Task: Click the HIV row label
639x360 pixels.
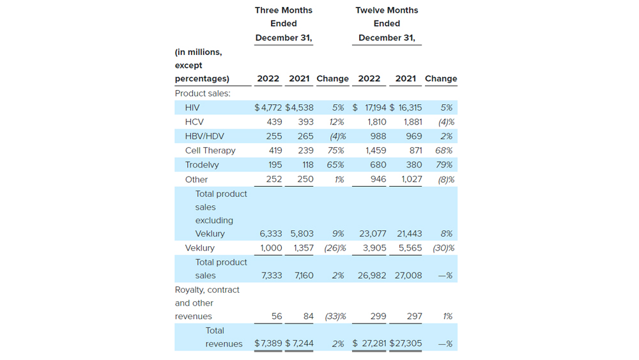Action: click(192, 107)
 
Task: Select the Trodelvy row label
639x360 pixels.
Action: click(202, 165)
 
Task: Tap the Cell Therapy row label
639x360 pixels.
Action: click(210, 150)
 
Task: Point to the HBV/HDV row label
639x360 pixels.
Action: click(204, 136)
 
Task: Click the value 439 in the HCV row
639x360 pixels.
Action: click(273, 121)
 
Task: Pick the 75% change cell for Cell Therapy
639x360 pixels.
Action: click(338, 150)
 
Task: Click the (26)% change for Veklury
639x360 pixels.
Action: click(335, 248)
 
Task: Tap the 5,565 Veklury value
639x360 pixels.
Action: click(410, 248)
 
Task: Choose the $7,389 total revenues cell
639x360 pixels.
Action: click(268, 343)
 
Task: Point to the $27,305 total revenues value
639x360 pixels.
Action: click(406, 343)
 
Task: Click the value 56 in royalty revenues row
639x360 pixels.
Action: click(277, 317)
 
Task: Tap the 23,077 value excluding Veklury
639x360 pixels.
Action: click(373, 234)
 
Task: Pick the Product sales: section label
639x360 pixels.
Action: click(203, 93)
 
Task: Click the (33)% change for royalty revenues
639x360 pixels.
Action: click(335, 317)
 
